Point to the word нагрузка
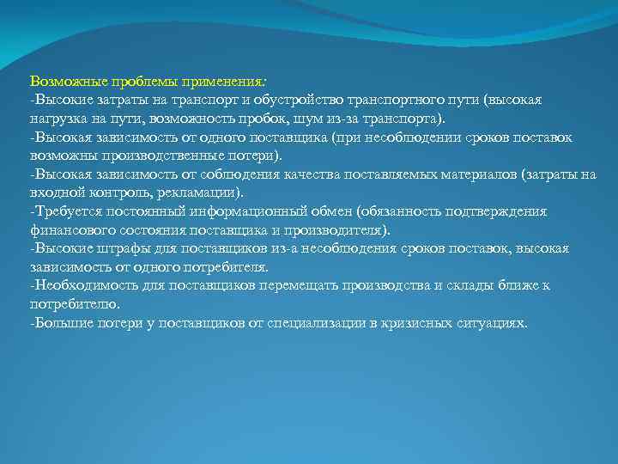(x=58, y=119)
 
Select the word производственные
(x=154, y=156)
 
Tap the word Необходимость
(x=80, y=285)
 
